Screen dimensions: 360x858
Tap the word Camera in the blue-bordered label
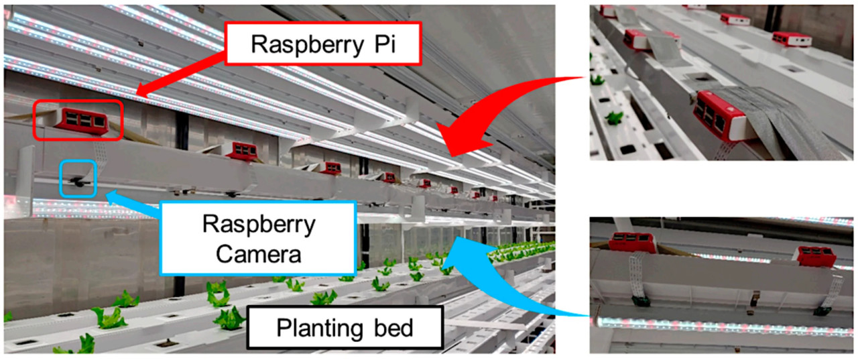coord(258,254)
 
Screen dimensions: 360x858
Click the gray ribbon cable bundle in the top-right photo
coord(771,121)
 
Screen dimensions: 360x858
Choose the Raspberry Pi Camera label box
coord(258,238)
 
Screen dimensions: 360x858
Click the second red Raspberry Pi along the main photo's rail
coord(243,151)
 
